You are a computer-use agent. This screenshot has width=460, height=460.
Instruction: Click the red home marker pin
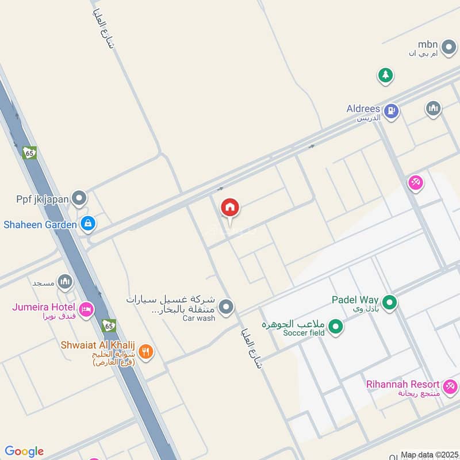point(230,208)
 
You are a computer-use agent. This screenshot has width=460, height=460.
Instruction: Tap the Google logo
point(24,451)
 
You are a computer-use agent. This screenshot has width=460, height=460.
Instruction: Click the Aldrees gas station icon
point(391,111)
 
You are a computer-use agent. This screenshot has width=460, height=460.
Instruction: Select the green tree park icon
point(385,75)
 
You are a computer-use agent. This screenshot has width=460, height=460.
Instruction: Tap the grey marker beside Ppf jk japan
point(79,199)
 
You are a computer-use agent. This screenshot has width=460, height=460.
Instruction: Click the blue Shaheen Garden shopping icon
point(87,223)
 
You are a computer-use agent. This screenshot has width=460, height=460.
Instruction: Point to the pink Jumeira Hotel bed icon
point(86,310)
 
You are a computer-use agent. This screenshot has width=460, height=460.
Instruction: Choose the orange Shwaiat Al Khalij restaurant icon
point(145,351)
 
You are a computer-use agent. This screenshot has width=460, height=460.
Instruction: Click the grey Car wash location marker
point(227,306)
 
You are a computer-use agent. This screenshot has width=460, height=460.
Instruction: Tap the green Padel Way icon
point(390,301)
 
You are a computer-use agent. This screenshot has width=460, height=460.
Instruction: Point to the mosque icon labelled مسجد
point(65,282)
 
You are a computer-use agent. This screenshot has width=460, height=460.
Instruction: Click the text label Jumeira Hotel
point(44,306)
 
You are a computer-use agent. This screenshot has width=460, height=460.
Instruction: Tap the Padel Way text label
point(355,300)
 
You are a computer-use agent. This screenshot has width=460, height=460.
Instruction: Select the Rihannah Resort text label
point(402,384)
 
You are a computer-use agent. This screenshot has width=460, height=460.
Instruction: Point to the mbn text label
point(428,44)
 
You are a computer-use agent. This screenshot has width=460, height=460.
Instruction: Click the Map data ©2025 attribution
point(428,454)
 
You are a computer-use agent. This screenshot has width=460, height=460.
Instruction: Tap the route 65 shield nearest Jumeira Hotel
point(109,326)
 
